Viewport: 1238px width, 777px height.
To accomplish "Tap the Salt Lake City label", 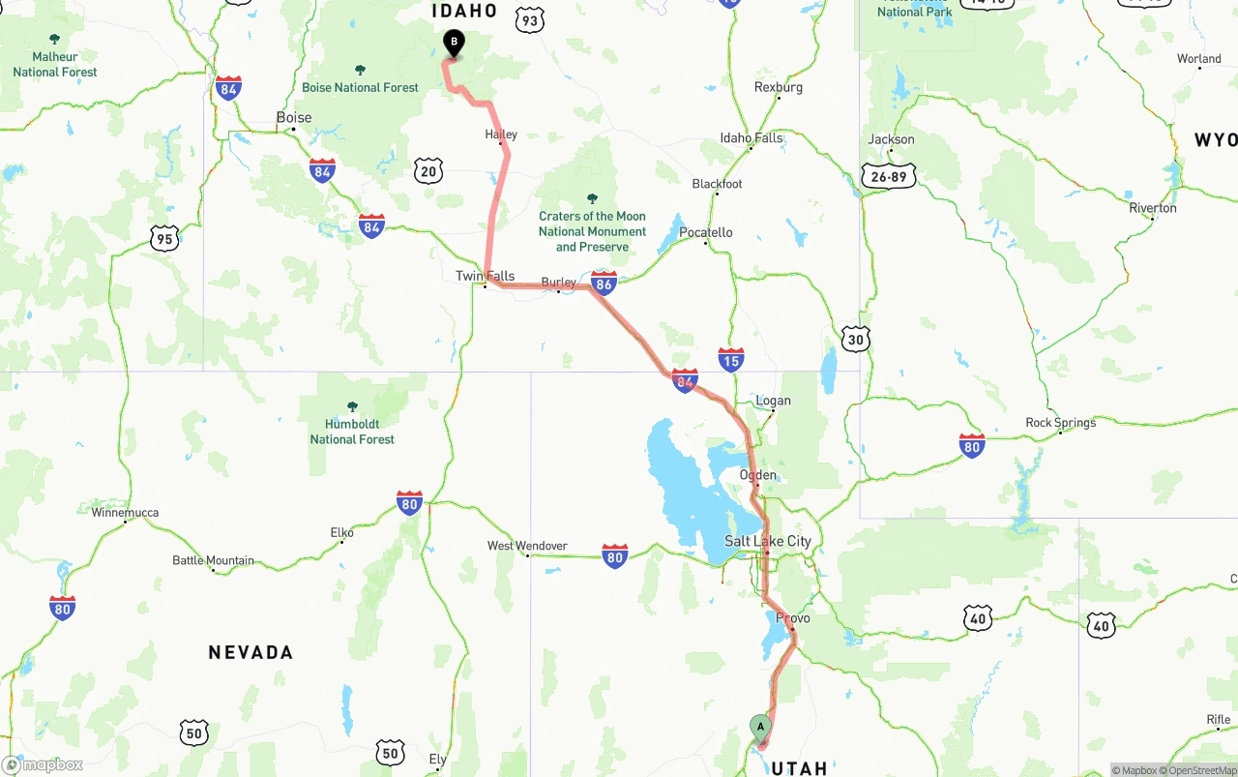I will [x=768, y=541].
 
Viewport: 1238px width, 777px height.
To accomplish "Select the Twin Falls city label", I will [x=485, y=276].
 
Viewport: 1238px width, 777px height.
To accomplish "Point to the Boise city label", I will [x=294, y=118].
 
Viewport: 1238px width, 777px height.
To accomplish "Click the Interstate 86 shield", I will [x=604, y=283].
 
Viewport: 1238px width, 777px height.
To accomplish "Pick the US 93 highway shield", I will [x=530, y=20].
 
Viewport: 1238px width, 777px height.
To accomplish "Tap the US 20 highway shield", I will [x=428, y=171].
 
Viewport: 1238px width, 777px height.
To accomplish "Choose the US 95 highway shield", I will [x=164, y=238].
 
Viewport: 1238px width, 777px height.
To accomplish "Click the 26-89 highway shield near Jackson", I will [x=888, y=176].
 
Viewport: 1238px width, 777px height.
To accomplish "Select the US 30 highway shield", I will [x=855, y=338].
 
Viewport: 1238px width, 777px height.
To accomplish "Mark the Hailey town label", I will [x=501, y=134].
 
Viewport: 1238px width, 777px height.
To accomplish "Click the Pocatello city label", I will [x=706, y=232].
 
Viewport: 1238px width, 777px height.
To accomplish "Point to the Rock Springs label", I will [x=1061, y=423].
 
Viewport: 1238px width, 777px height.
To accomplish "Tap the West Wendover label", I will [x=527, y=546].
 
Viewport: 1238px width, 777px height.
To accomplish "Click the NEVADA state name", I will [x=251, y=652].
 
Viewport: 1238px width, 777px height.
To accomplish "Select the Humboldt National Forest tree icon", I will [x=352, y=406].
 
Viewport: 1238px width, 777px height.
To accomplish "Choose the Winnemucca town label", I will [x=125, y=513].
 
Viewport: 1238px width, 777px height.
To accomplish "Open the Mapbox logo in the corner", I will [x=43, y=764].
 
